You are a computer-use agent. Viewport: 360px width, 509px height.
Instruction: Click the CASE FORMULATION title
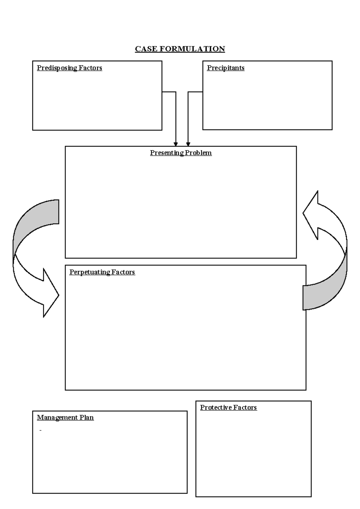(x=180, y=49)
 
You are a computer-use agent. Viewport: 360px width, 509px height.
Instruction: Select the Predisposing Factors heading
(x=69, y=68)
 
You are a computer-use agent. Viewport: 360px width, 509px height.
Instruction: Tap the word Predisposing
(x=57, y=68)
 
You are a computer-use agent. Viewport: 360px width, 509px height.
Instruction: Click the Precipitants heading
(x=226, y=68)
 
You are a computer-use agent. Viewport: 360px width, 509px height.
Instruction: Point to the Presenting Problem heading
(x=181, y=153)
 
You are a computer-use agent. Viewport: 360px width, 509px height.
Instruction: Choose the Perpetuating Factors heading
(x=102, y=272)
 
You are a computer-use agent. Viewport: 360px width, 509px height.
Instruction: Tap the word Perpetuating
(x=90, y=272)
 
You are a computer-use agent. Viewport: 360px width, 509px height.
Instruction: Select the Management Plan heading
(x=65, y=417)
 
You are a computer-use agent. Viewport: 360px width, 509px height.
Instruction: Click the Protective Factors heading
(x=228, y=408)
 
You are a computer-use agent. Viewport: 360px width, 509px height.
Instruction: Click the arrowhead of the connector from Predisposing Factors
(x=176, y=144)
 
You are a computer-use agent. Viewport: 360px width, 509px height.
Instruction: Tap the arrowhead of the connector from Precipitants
(x=188, y=144)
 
